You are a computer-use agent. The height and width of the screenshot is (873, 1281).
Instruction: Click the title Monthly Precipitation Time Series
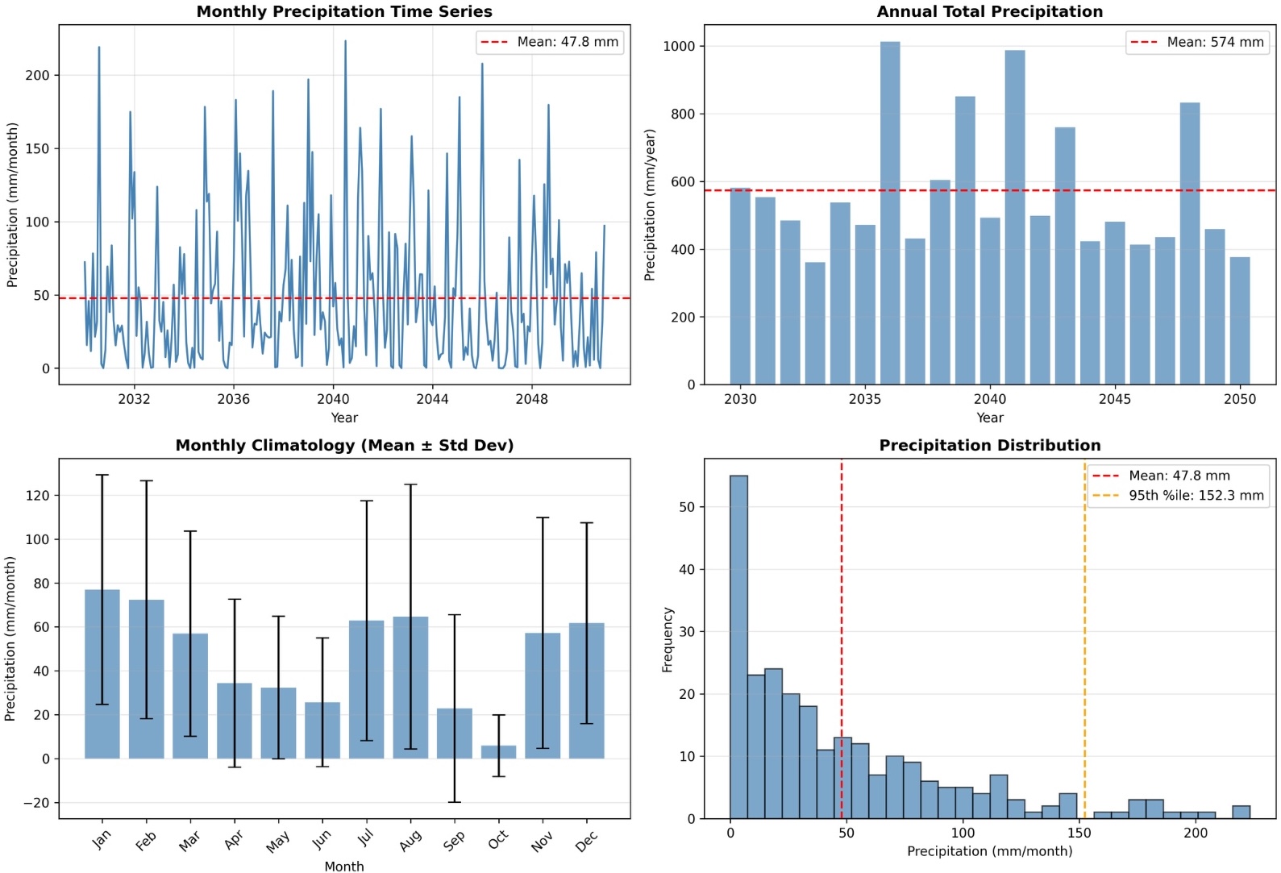coord(344,11)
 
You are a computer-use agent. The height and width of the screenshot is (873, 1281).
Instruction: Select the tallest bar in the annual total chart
coord(889,214)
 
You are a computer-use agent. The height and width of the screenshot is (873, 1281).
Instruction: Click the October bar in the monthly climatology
coord(498,751)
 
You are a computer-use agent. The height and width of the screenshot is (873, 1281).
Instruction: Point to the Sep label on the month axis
coord(454,841)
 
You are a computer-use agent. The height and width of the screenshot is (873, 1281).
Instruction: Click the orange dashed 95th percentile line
coord(1084,645)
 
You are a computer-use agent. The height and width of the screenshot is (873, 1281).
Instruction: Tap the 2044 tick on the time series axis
coord(432,399)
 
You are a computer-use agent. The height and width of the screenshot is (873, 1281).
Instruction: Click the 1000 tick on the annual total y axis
coord(679,46)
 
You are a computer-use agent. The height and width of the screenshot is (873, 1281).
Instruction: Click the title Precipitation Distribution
coord(989,445)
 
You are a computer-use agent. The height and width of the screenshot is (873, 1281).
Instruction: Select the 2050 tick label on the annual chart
coord(1239,399)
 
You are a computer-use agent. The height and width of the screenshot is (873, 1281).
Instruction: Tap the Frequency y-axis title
coord(667,639)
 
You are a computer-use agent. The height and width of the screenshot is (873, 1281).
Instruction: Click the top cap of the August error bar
coord(410,484)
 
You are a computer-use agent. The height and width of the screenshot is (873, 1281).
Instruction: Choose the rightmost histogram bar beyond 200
coord(1241,812)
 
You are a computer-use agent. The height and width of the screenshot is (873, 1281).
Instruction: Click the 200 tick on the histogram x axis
coord(1195,833)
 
